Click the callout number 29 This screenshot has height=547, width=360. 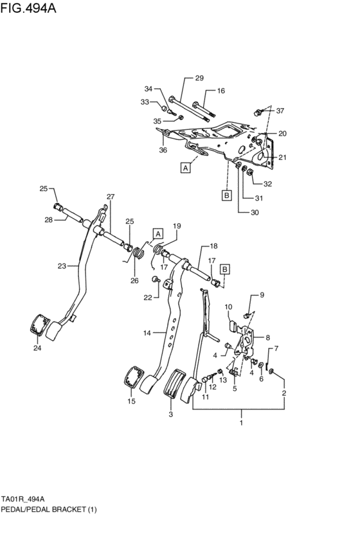199,78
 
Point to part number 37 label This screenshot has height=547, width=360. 280,111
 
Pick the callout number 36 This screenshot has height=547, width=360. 163,151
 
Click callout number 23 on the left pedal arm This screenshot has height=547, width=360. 62,265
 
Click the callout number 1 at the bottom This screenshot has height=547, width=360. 241,423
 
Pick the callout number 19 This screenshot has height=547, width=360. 176,226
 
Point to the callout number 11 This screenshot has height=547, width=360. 206,398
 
